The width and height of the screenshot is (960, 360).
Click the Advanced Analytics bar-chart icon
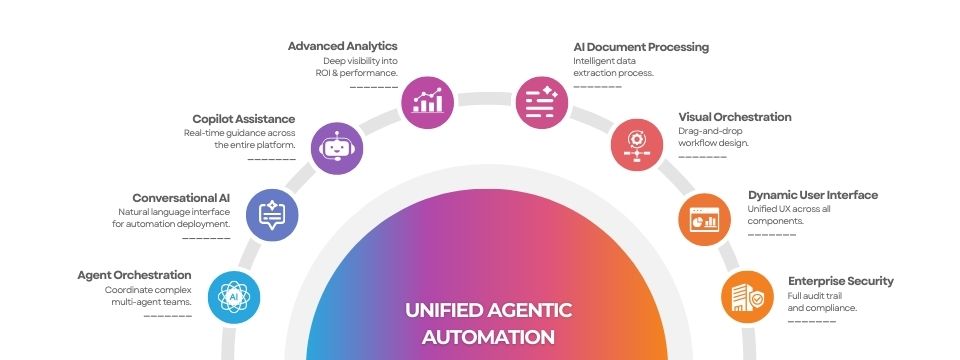click(x=427, y=102)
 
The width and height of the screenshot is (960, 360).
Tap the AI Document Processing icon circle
click(x=542, y=102)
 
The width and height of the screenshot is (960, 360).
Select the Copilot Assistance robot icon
click(x=337, y=149)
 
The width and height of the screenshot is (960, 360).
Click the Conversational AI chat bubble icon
click(x=272, y=215)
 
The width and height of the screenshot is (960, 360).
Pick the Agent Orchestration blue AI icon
click(x=234, y=297)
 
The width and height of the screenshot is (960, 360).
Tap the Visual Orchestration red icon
click(x=637, y=145)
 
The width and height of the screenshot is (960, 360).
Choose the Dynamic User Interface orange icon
click(x=705, y=219)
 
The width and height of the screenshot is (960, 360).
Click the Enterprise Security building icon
click(x=747, y=297)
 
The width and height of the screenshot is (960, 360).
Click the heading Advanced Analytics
click(x=343, y=46)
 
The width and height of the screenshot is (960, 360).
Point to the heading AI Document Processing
click(x=641, y=47)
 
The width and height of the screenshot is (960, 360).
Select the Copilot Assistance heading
click(x=244, y=119)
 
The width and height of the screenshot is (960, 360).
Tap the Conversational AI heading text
click(x=181, y=198)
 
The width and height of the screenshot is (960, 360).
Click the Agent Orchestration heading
click(x=135, y=276)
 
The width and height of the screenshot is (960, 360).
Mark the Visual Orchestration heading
click(x=735, y=117)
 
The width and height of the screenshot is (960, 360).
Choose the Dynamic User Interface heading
click(x=813, y=195)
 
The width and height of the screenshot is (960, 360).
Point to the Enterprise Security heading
click(x=841, y=281)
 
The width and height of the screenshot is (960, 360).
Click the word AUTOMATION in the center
click(x=489, y=337)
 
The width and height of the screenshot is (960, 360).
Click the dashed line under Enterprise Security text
click(x=812, y=321)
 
